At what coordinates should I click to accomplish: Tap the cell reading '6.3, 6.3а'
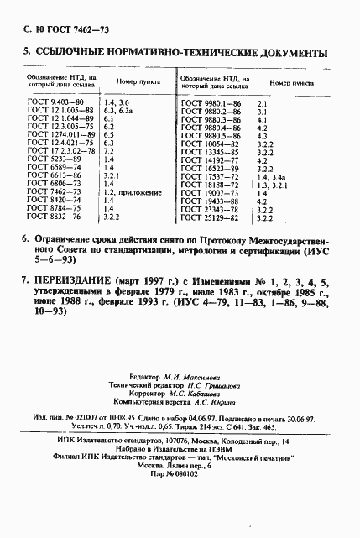pyautogui.click(x=118, y=110)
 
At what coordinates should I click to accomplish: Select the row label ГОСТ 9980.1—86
pyautogui.click(x=211, y=102)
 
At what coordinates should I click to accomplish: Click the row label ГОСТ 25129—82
pyautogui.click(x=211, y=218)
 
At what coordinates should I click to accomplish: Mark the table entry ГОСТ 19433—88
pyautogui.click(x=211, y=201)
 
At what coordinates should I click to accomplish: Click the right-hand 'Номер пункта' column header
pyautogui.click(x=291, y=83)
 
